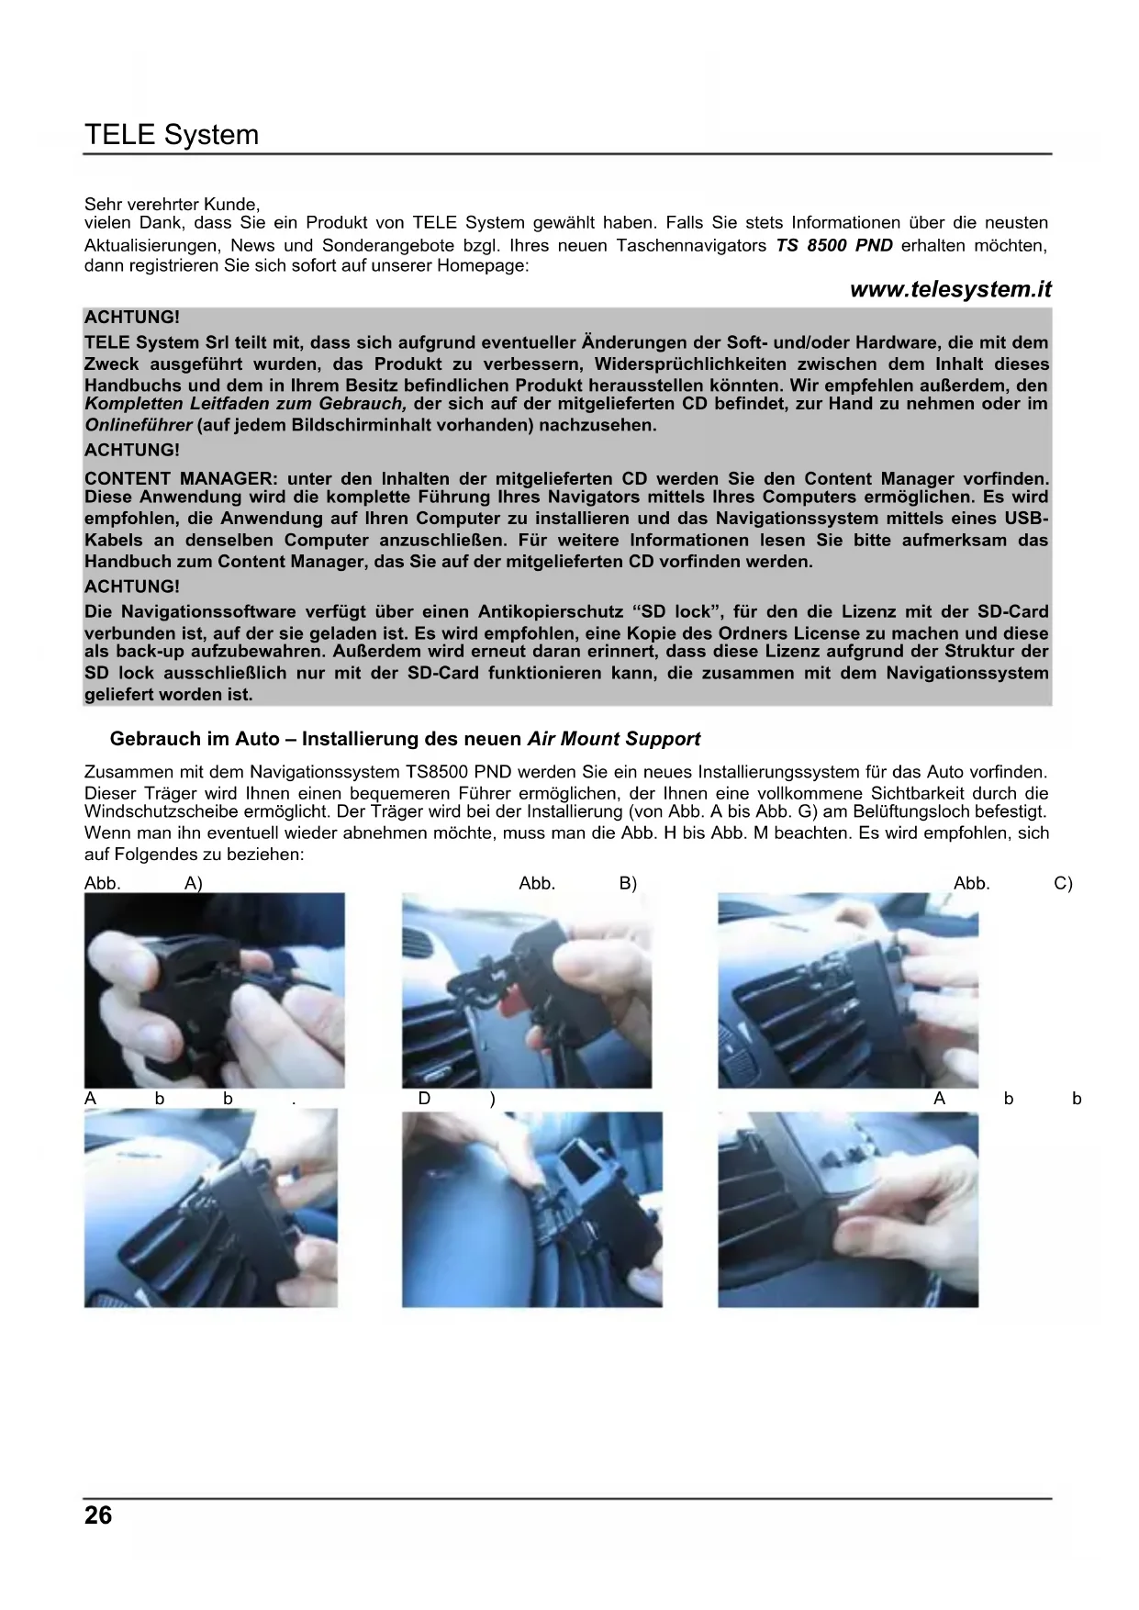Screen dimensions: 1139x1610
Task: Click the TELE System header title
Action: pos(172,135)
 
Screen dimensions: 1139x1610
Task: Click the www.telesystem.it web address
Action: pos(950,289)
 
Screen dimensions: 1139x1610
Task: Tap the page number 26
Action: pos(98,1515)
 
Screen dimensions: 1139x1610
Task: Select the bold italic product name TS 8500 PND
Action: pos(833,245)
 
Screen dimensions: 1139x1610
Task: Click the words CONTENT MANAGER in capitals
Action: pos(179,478)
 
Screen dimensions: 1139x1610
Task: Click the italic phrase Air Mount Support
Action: pos(614,739)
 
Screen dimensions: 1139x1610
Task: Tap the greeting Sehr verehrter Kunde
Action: pos(172,204)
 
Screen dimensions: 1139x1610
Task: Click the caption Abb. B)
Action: pos(577,883)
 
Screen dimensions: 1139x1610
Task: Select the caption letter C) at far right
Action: pos(1063,883)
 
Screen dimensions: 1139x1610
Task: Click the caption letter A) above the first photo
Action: pos(193,883)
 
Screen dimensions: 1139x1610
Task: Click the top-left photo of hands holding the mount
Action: pos(215,990)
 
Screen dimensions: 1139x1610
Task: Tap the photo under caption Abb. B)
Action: pos(527,990)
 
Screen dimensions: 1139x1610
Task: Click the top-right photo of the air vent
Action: pos(848,990)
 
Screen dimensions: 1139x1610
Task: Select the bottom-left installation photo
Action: pos(211,1208)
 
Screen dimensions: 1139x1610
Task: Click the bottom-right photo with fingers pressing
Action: pos(848,1210)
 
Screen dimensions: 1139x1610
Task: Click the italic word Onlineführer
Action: pos(139,425)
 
